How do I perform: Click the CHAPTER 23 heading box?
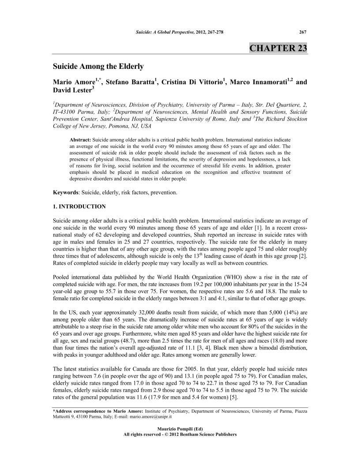[278, 48]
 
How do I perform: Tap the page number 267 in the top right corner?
[303, 31]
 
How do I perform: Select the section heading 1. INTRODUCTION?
[79, 206]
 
